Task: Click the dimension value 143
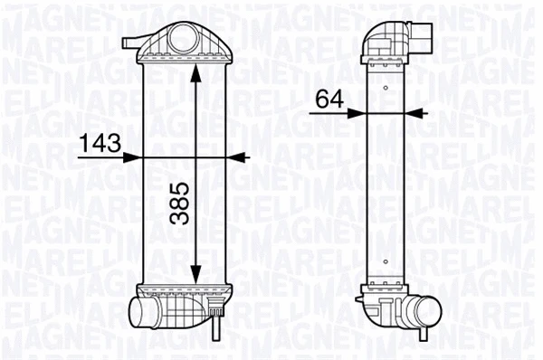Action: [x=101, y=142]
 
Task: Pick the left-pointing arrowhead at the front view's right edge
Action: [x=237, y=156]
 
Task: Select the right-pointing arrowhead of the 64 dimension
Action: [x=357, y=112]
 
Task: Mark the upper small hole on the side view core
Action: [x=386, y=89]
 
